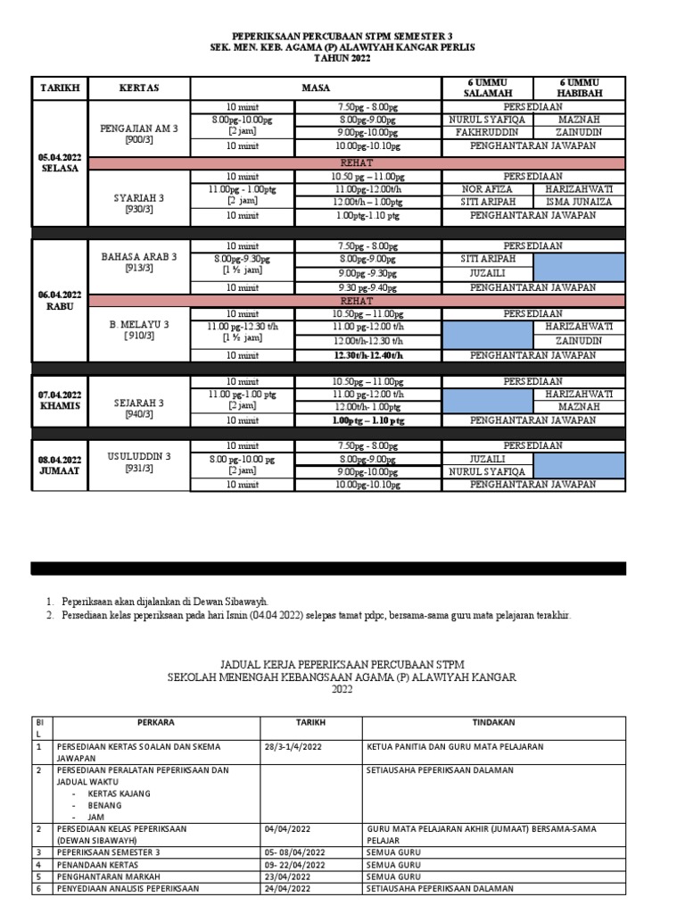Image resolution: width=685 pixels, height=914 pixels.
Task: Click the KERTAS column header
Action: (x=139, y=88)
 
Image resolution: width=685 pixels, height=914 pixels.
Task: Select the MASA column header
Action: (x=316, y=88)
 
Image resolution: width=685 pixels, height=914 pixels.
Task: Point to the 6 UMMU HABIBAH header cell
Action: (x=579, y=87)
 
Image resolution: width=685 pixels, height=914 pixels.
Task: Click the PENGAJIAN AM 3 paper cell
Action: (x=139, y=134)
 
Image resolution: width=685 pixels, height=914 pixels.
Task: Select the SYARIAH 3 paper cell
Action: (x=139, y=203)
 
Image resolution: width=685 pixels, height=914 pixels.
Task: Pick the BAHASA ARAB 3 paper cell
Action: (x=139, y=262)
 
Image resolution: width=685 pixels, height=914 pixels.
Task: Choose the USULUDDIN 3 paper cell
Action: (x=139, y=461)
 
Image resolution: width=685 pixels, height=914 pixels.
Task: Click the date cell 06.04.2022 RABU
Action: (x=59, y=300)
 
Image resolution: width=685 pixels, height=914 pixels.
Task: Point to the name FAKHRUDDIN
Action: (x=487, y=132)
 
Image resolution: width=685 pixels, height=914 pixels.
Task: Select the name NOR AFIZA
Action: (x=487, y=189)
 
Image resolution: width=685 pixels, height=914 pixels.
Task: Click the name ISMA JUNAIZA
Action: (x=579, y=202)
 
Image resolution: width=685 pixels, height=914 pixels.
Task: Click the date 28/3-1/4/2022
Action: (x=296, y=746)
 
